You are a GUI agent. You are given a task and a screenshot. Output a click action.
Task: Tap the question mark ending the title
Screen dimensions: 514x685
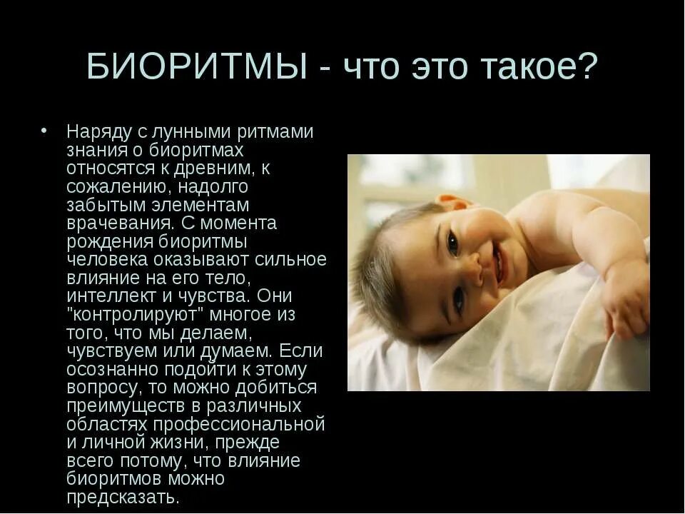[589, 66]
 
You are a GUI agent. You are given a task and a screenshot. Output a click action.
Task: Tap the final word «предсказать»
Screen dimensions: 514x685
[123, 498]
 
